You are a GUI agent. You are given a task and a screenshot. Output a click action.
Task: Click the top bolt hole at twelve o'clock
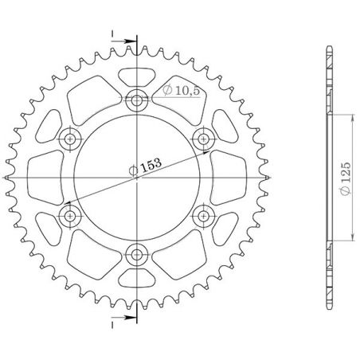coord(138,101)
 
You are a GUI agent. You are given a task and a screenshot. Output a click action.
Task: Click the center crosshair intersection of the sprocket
coord(138,177)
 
